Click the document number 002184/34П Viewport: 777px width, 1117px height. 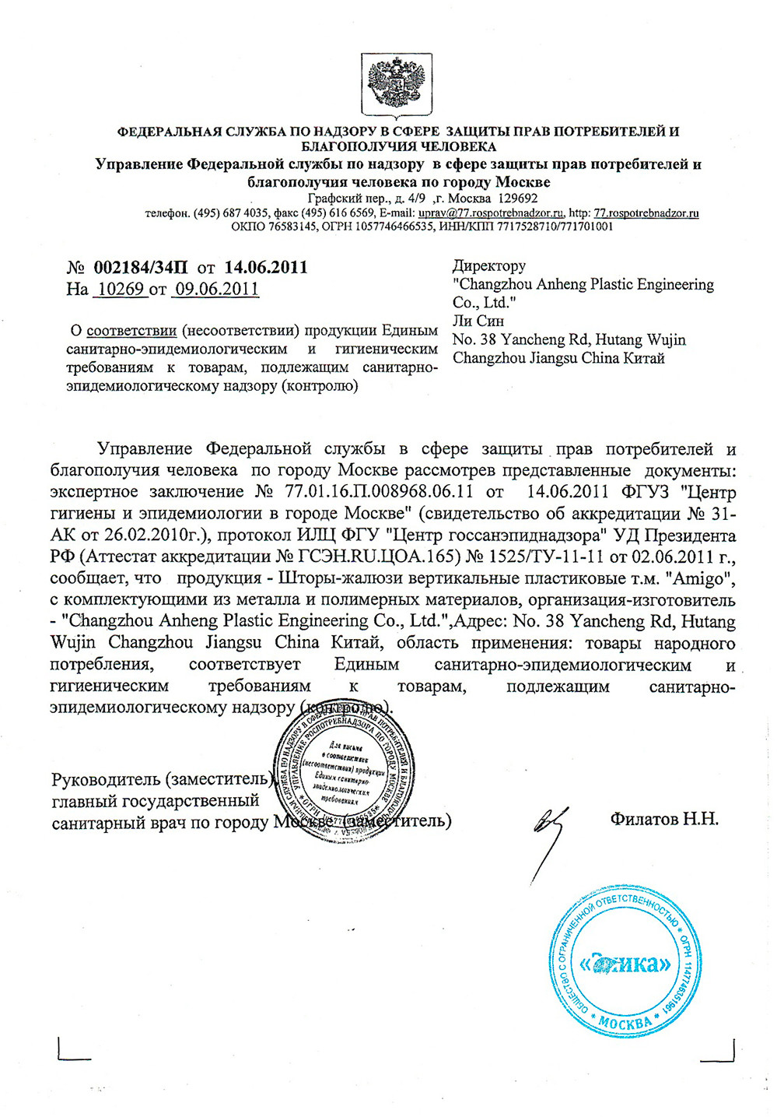tap(140, 268)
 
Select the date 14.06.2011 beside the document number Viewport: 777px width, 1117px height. tap(266, 268)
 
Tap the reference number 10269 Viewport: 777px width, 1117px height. tap(119, 290)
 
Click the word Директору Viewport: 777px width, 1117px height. tap(489, 265)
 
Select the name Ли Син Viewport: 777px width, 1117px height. tap(478, 321)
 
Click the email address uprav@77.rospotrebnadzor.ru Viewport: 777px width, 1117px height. tap(491, 213)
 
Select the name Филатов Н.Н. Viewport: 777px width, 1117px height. tap(664, 819)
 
